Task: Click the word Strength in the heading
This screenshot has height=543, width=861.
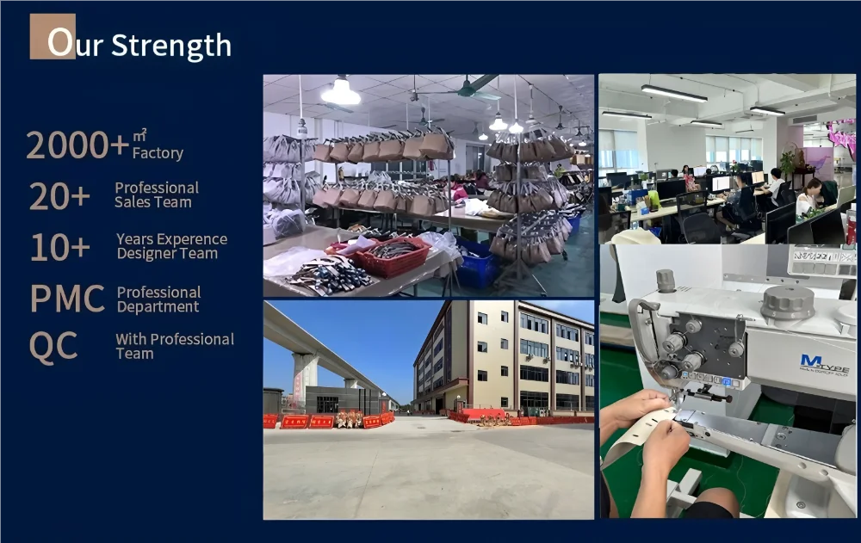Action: pyautogui.click(x=170, y=46)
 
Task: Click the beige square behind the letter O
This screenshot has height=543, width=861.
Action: pyautogui.click(x=53, y=36)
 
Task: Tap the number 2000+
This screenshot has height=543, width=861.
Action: pyautogui.click(x=77, y=145)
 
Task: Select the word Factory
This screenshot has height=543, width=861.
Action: pyautogui.click(x=158, y=153)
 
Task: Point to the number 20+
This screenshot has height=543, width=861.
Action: pyautogui.click(x=59, y=196)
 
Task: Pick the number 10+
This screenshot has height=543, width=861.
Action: pyautogui.click(x=60, y=247)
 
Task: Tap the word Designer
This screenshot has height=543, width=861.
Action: pyautogui.click(x=142, y=254)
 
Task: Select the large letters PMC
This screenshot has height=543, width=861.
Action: pyautogui.click(x=67, y=299)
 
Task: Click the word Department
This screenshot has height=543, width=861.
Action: pyautogui.click(x=158, y=307)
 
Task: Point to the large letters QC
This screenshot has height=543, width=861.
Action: pyautogui.click(x=53, y=347)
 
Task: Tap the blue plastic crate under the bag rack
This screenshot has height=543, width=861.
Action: pyautogui.click(x=477, y=265)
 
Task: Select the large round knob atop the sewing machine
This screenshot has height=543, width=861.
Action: pyautogui.click(x=788, y=301)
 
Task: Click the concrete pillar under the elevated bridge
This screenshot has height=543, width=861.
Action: pyautogui.click(x=304, y=379)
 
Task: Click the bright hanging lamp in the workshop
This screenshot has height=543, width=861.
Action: pyautogui.click(x=340, y=92)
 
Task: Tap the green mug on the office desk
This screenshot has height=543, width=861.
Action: pyautogui.click(x=654, y=201)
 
